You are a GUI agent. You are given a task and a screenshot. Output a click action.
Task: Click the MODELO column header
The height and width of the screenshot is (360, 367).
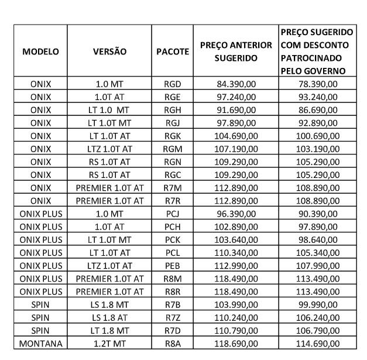click(40, 52)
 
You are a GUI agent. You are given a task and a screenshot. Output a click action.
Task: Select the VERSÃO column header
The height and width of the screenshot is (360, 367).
click(109, 52)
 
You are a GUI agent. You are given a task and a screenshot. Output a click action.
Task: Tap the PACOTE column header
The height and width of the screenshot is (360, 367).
click(173, 52)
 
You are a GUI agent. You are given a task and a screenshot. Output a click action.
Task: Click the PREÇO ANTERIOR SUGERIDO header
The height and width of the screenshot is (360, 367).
click(236, 52)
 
